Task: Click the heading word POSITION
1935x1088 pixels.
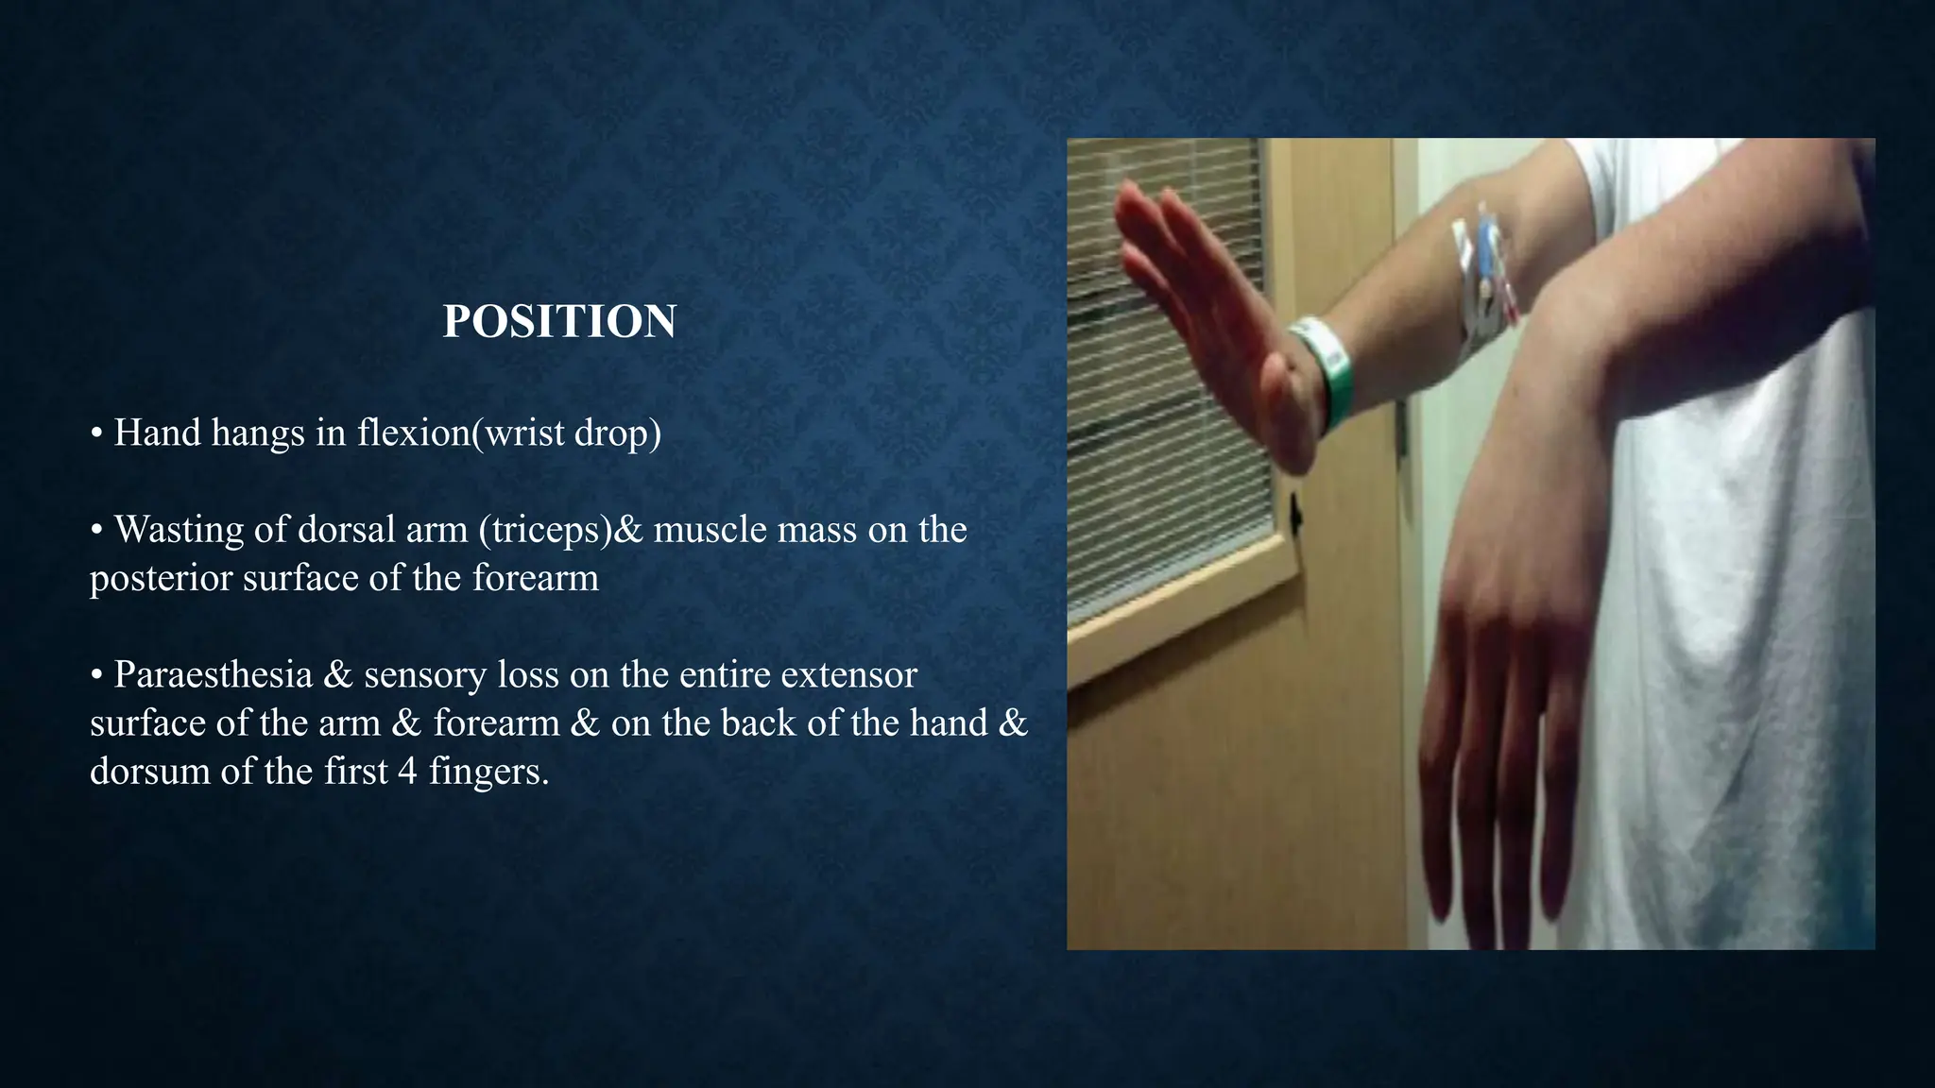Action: point(559,322)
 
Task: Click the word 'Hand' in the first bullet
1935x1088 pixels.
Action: point(157,433)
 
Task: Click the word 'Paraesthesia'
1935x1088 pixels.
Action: point(213,675)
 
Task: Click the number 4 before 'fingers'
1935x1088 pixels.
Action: point(407,772)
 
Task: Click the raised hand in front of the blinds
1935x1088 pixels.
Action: point(1209,312)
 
